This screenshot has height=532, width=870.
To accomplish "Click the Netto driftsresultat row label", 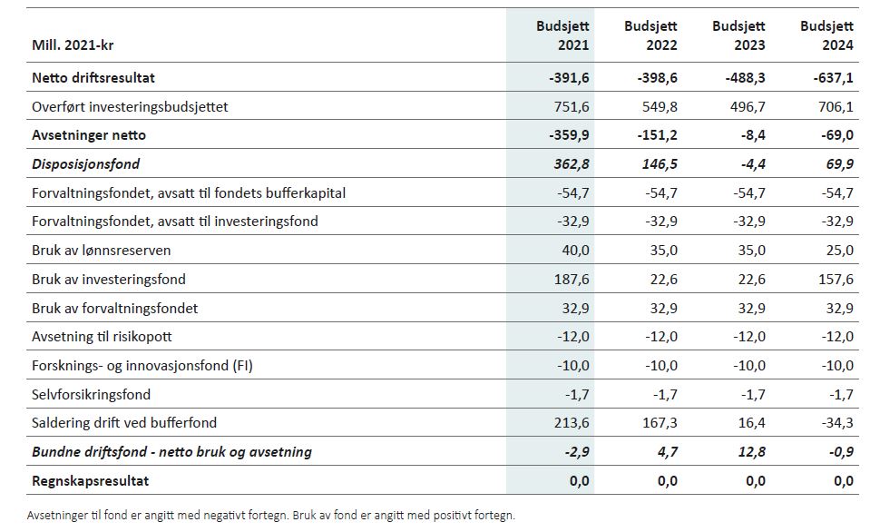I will [x=100, y=78].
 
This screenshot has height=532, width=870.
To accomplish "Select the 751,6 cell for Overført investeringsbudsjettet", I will [x=572, y=107].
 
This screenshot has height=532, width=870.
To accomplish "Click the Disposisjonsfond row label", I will [x=86, y=164].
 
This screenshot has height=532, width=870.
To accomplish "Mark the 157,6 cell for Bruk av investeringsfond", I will [x=836, y=280].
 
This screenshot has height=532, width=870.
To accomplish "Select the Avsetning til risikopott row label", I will [x=102, y=337].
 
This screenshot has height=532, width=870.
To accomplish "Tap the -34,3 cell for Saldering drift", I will [x=835, y=423].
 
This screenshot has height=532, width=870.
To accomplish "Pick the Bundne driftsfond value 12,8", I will [x=751, y=451].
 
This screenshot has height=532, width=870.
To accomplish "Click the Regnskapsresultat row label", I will [x=91, y=480].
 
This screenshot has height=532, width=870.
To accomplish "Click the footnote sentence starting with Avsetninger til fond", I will [x=270, y=516].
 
